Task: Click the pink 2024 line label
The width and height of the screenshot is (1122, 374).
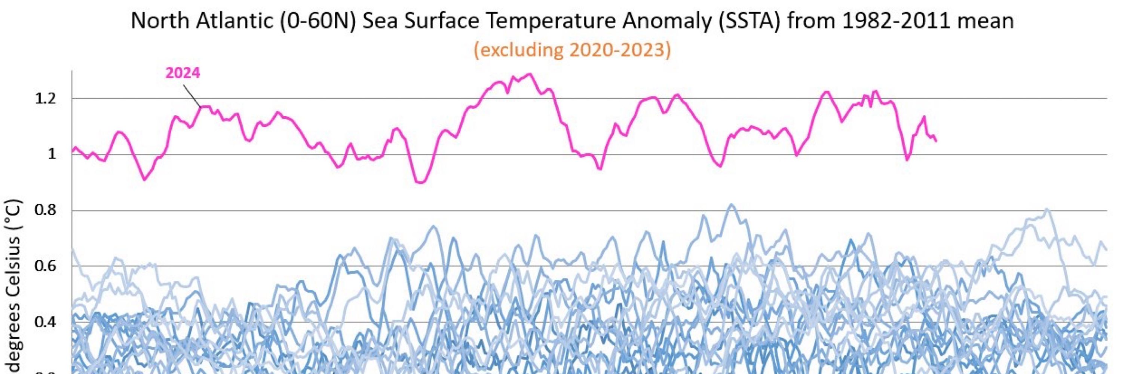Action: (x=183, y=73)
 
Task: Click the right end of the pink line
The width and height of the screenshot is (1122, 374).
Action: (x=936, y=141)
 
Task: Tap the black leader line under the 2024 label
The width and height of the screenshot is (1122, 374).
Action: (x=191, y=95)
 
